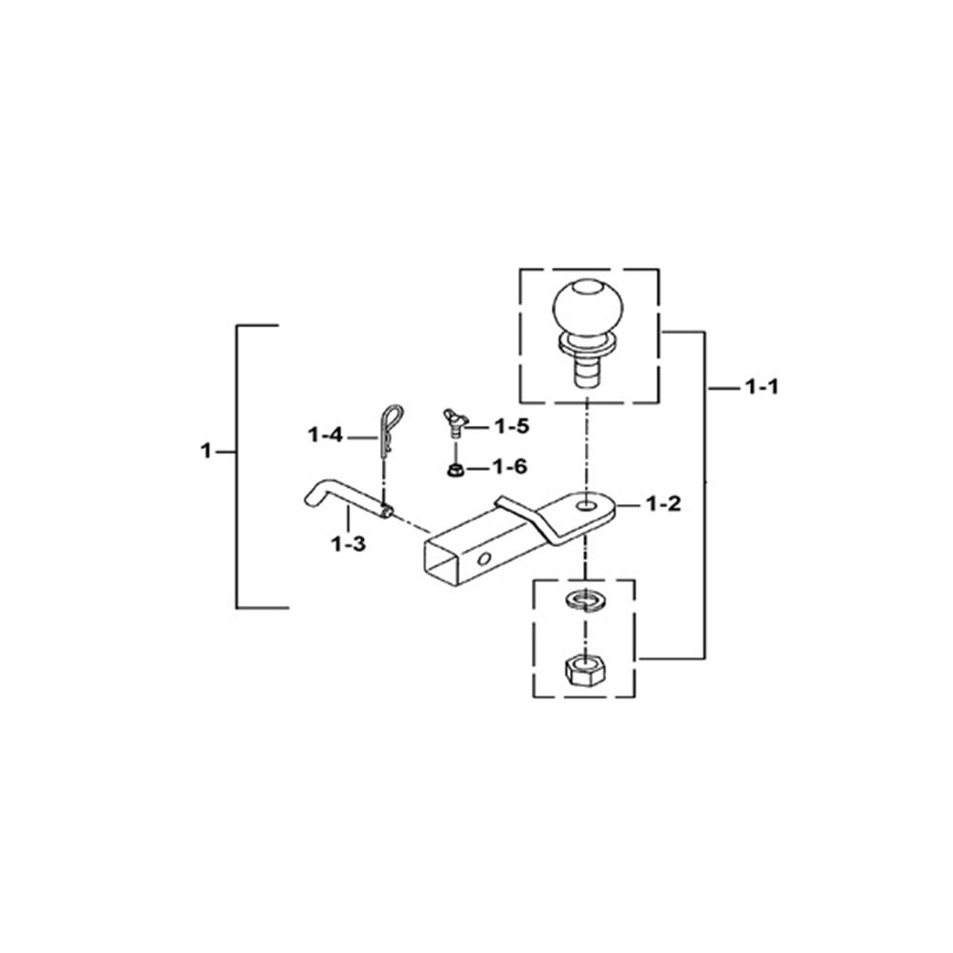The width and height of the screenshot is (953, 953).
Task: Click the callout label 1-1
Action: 761,387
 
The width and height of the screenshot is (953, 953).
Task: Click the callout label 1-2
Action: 663,504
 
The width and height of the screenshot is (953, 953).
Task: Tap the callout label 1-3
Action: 348,544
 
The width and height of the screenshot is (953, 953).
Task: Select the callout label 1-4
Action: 325,436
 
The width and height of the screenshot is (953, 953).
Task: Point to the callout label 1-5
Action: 511,427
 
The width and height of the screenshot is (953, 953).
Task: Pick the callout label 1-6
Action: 509,467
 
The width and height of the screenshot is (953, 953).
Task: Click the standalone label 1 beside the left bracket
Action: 206,451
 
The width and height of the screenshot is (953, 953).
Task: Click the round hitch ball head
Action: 588,307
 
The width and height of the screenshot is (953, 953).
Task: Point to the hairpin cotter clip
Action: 390,431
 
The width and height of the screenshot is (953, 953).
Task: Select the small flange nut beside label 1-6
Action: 456,470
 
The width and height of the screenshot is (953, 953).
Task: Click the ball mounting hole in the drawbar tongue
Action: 586,506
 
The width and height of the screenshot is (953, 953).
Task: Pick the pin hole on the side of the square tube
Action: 484,558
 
